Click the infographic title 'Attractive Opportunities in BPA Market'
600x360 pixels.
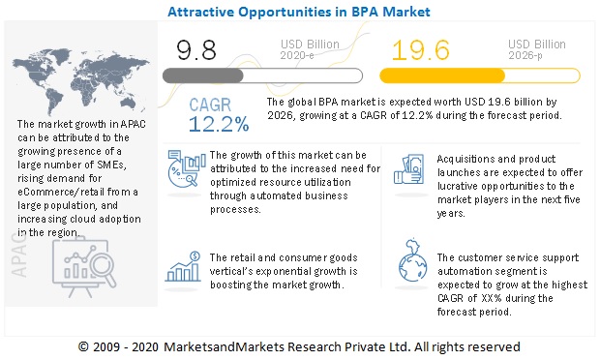(299, 12)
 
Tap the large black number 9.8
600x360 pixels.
(196, 50)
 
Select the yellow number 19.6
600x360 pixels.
(421, 50)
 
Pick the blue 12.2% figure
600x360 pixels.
(219, 124)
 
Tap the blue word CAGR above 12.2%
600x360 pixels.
(210, 105)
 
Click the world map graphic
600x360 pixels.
(80, 81)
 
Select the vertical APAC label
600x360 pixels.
(19, 255)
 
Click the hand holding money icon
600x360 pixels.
(409, 169)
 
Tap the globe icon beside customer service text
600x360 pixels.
(412, 260)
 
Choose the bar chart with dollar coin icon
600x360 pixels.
(183, 266)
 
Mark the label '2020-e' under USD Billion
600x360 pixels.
(297, 56)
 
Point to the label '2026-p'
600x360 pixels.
(525, 56)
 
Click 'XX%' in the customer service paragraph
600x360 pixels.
(491, 298)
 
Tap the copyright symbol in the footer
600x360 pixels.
(83, 347)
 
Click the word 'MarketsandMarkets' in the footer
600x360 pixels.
(224, 347)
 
